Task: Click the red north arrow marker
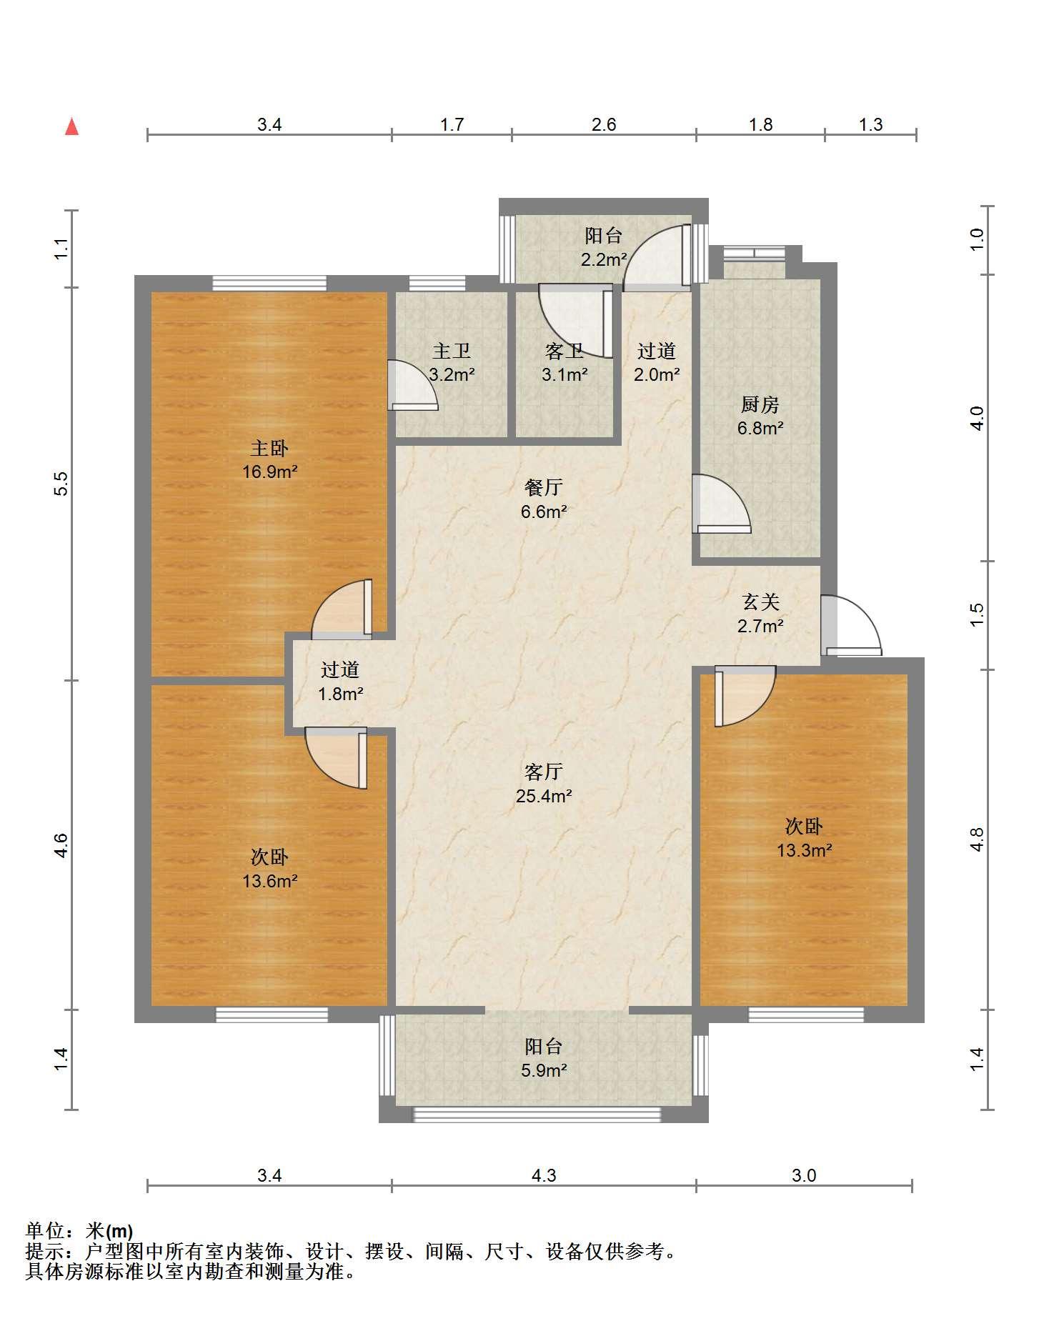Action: click(71, 126)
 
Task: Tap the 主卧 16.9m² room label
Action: click(269, 460)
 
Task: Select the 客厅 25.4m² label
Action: click(544, 784)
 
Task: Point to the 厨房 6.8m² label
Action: click(760, 417)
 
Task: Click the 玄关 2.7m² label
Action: click(760, 614)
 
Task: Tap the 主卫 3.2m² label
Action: click(452, 362)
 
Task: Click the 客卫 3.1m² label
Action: click(565, 362)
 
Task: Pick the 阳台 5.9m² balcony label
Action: click(544, 1058)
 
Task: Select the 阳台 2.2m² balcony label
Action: click(604, 247)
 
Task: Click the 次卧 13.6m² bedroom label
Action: click(269, 869)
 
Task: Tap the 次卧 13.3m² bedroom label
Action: click(805, 838)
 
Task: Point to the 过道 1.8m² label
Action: click(340, 682)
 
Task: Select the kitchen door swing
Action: click(722, 504)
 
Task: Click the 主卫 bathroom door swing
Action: click(412, 385)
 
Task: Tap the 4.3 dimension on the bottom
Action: click(544, 1175)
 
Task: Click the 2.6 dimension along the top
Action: click(604, 125)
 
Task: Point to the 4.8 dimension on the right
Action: click(978, 839)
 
